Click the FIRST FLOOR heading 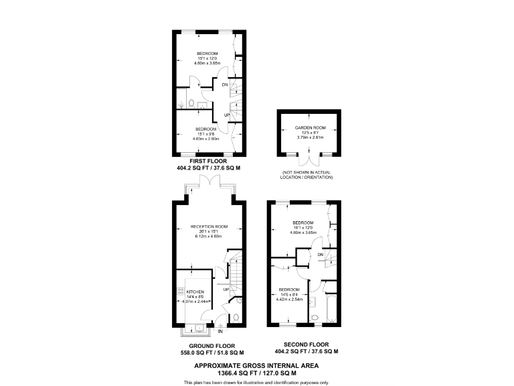(x=208, y=162)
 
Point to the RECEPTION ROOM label (x=209, y=227)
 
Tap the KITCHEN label (x=195, y=292)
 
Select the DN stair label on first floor (x=226, y=84)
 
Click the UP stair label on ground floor (x=226, y=289)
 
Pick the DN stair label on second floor (x=321, y=255)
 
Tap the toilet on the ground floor (x=234, y=318)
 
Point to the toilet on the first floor (x=191, y=103)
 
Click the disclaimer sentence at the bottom (x=256, y=381)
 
